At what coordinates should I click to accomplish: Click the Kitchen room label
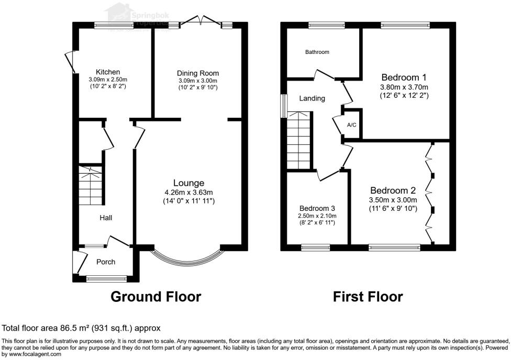[x=108, y=72]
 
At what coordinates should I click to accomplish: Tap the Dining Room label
[x=197, y=73]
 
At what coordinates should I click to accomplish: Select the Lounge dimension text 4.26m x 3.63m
[x=188, y=192]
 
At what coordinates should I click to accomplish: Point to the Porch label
[x=105, y=262]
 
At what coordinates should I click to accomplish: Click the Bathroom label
[x=317, y=52]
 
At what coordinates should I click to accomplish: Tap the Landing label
[x=312, y=98]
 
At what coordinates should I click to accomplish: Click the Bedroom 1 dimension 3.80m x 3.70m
[x=404, y=87]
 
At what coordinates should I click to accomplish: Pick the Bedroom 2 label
[x=393, y=190]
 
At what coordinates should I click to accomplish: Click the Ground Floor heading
[x=155, y=297]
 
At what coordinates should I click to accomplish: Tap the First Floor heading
[x=368, y=297]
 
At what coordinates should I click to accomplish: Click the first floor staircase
[x=299, y=141]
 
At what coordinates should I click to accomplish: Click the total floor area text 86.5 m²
[x=81, y=328]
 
